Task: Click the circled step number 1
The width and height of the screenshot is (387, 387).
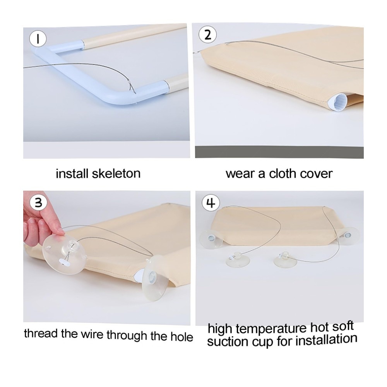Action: (38, 39)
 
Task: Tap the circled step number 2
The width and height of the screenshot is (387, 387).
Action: (208, 35)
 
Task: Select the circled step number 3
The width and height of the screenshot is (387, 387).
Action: (38, 203)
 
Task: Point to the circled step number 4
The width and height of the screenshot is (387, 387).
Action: (211, 204)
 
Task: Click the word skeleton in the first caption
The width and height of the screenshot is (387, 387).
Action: (116, 173)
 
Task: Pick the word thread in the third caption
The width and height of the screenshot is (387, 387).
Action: (41, 333)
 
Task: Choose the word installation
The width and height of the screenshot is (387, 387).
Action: (326, 339)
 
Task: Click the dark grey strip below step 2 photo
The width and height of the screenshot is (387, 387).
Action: (279, 152)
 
